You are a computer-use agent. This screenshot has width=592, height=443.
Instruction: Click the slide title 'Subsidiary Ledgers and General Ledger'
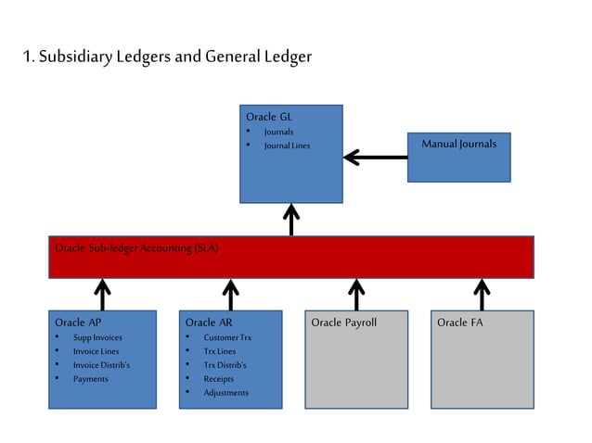click(167, 57)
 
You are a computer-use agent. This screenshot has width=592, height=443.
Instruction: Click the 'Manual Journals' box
click(458, 145)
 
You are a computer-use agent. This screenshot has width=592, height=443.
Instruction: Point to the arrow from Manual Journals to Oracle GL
click(376, 158)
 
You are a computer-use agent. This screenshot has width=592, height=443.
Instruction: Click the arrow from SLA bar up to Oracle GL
click(291, 221)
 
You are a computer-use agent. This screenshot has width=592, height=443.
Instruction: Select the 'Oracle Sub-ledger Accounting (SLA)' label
click(136, 248)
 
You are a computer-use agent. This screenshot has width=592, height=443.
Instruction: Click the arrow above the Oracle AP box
click(103, 295)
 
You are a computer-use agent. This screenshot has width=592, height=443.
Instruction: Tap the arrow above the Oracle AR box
click(231, 295)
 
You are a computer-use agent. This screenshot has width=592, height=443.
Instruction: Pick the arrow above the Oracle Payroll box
click(356, 295)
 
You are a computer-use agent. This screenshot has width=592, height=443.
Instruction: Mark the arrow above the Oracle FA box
click(482, 295)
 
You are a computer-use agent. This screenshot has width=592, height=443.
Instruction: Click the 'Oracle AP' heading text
click(78, 323)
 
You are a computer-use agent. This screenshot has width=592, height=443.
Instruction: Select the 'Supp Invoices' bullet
click(97, 337)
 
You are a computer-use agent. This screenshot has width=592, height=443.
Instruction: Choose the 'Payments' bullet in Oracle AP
click(91, 378)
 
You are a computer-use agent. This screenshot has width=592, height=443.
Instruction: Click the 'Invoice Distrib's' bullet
click(101, 365)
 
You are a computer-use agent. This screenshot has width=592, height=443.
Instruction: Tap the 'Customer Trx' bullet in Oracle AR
click(227, 337)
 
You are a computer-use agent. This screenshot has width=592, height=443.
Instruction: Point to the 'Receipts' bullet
click(219, 378)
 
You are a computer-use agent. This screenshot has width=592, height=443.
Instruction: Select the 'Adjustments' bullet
click(225, 392)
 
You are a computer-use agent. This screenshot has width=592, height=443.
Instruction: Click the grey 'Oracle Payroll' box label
click(343, 323)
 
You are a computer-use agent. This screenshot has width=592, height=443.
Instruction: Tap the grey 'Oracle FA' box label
click(459, 323)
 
